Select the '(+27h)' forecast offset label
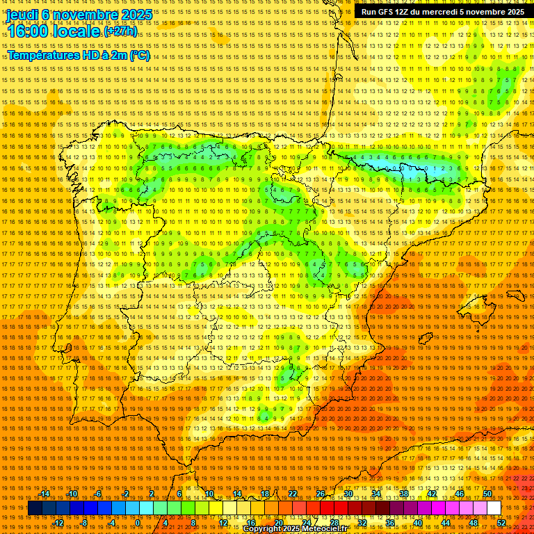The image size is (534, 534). click(x=120, y=31)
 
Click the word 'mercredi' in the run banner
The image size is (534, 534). click(x=446, y=12)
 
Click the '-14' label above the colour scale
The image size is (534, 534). click(x=44, y=494)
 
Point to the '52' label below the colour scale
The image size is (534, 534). click(x=501, y=522)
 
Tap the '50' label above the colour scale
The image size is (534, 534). click(x=487, y=494)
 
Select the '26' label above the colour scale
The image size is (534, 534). click(x=321, y=494)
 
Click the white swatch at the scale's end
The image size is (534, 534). click(x=494, y=508)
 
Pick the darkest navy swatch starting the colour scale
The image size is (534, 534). click(x=35, y=508)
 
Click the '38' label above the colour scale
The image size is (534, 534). click(x=403, y=494)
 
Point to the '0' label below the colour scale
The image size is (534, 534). click(x=138, y=522)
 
